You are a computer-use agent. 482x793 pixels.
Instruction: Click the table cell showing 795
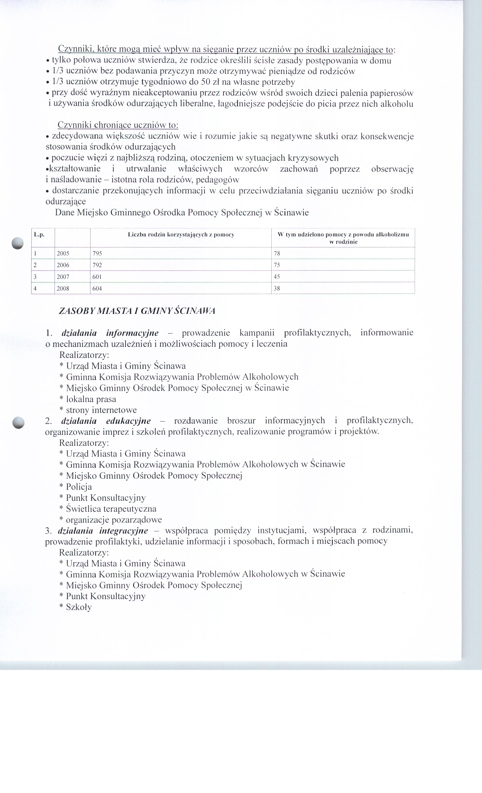tap(97, 253)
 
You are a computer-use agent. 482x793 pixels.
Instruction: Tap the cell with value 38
tap(277, 288)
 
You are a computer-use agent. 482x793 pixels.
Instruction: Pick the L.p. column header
tap(39, 235)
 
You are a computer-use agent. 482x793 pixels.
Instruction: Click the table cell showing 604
tap(97, 288)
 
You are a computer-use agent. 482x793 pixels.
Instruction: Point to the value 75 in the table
tap(277, 265)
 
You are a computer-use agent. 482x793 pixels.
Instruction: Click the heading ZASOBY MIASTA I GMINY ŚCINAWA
tap(137, 311)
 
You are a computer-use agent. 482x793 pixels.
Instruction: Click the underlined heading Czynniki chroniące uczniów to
tap(118, 125)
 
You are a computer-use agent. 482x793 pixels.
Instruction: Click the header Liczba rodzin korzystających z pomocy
tap(181, 235)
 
